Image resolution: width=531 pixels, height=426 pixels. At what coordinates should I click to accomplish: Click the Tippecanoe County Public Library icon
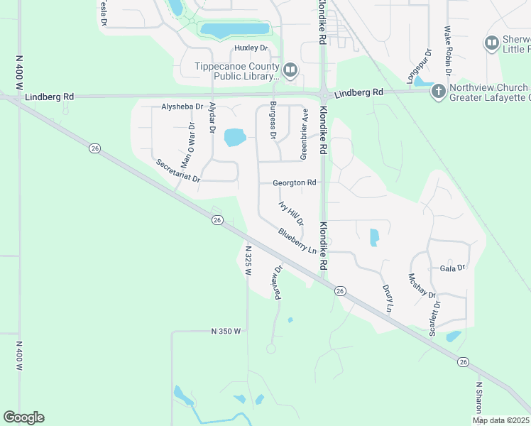(290, 70)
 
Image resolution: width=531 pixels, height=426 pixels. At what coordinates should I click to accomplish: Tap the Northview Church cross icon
(438, 90)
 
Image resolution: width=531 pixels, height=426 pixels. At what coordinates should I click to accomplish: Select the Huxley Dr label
(252, 48)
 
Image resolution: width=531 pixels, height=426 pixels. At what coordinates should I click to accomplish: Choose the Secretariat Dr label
(179, 170)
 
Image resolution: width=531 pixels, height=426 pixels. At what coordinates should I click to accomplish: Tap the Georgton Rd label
(294, 182)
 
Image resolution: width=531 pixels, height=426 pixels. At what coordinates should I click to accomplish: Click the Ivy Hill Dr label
(291, 214)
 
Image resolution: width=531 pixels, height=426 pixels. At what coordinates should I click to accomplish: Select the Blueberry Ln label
(297, 241)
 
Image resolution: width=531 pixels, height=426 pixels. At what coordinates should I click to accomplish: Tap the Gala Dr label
(452, 268)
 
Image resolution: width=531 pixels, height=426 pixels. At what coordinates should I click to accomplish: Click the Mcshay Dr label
(422, 288)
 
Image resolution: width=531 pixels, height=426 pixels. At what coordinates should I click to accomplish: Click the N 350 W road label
(226, 332)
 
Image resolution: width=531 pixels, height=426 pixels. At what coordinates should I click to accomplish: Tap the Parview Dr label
(277, 283)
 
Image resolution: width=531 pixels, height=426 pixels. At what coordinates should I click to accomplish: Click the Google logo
(23, 417)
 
